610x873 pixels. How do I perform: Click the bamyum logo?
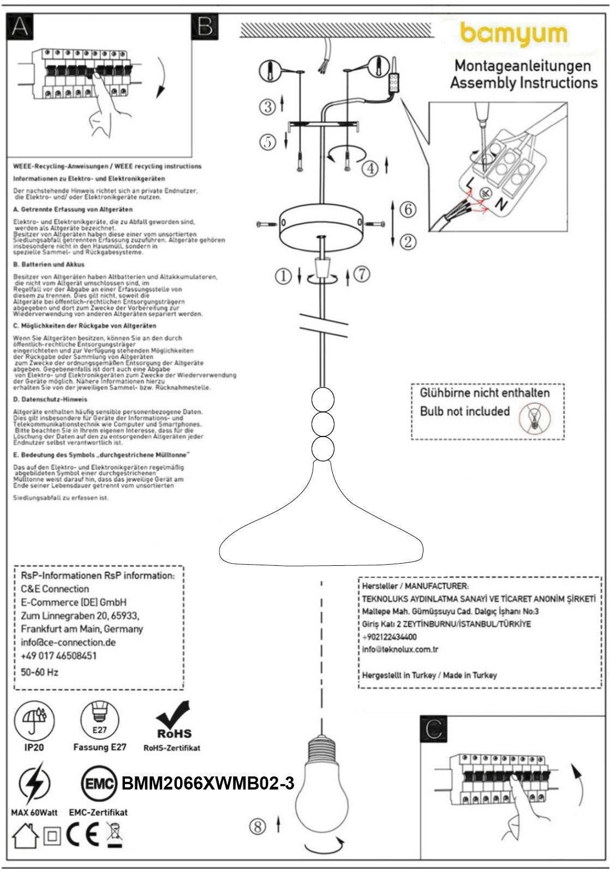[513, 34]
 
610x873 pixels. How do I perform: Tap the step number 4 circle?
[370, 168]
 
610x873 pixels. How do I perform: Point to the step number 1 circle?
[283, 277]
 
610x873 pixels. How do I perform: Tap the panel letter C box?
[434, 728]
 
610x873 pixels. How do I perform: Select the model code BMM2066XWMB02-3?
[208, 784]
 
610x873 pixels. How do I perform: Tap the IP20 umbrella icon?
[34, 720]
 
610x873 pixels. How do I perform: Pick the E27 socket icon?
[99, 720]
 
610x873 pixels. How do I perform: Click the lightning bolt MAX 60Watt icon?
[34, 784]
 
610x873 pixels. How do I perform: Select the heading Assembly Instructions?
[523, 83]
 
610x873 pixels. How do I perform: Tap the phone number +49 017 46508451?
[58, 655]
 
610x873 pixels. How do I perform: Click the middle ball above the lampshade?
[322, 424]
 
